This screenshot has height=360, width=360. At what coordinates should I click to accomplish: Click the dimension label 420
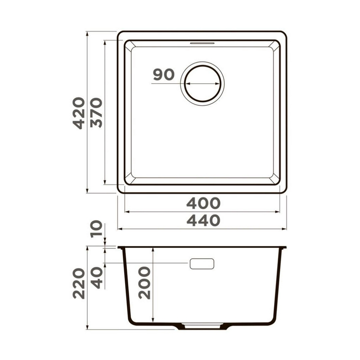[x=79, y=113]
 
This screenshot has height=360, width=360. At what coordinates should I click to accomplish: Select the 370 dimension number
[x=96, y=112]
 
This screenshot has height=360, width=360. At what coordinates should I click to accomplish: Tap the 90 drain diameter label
[x=164, y=75]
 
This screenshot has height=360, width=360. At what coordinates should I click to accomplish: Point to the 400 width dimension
[x=203, y=203]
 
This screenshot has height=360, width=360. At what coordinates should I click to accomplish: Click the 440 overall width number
[x=203, y=220]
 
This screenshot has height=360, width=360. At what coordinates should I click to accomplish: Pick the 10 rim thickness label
[x=96, y=229]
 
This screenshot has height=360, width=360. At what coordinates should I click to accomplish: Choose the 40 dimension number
[x=96, y=278]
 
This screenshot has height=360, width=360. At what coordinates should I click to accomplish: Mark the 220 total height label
[x=79, y=283]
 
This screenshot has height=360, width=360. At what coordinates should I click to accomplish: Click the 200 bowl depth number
[x=144, y=283]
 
